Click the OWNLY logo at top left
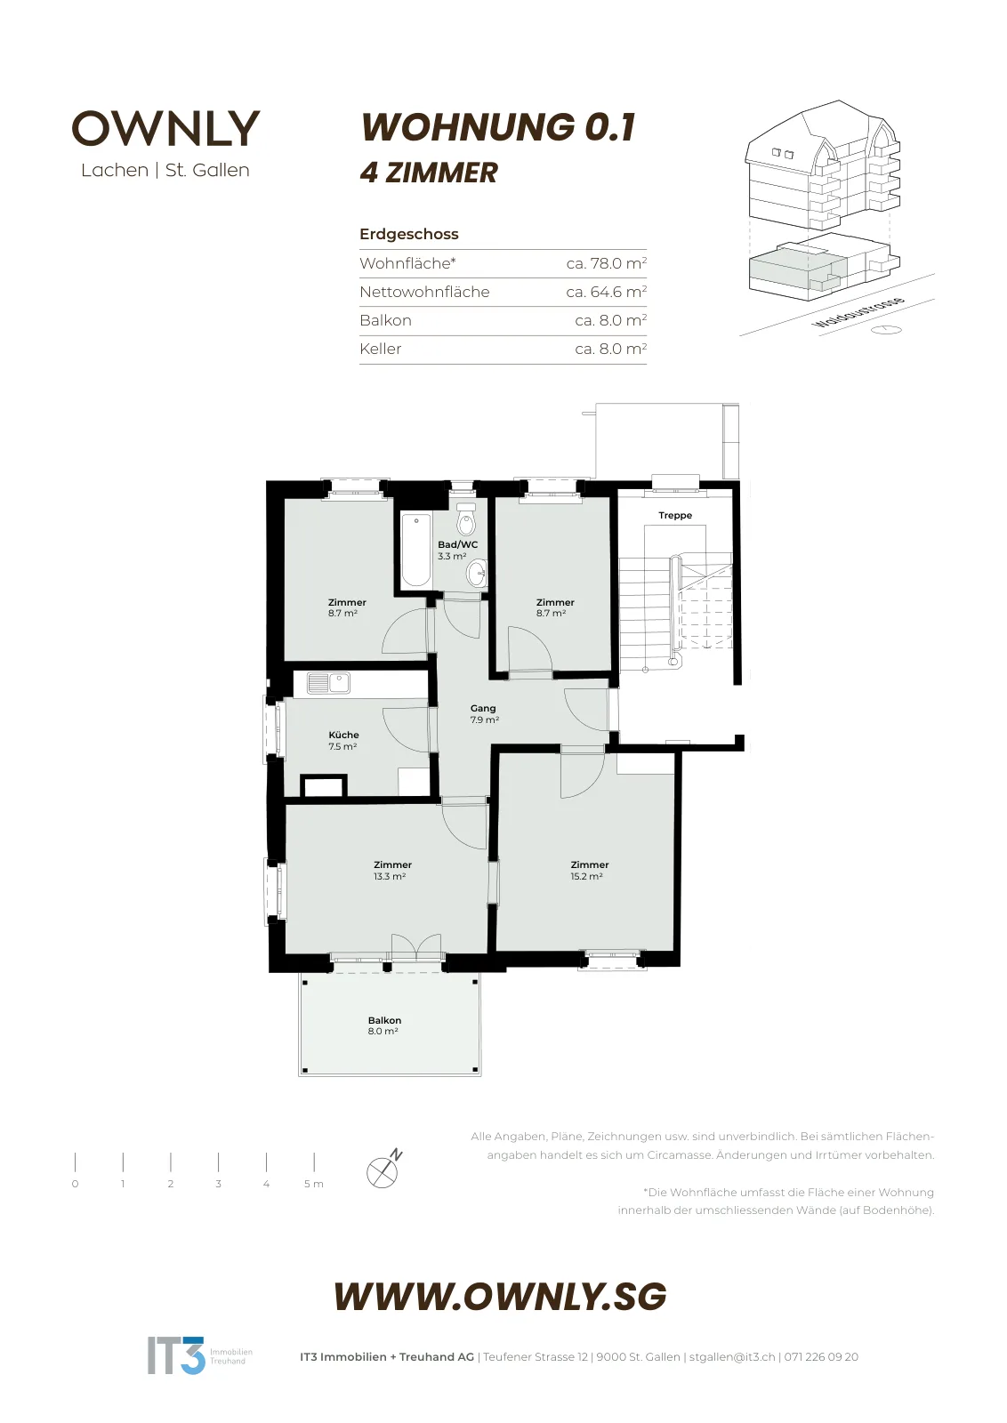pyautogui.click(x=165, y=128)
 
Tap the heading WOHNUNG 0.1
pyautogui.click(x=498, y=126)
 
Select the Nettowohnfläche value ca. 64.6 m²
pyautogui.click(x=606, y=292)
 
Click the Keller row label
pyautogui.click(x=381, y=349)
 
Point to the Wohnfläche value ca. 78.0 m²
pyautogui.click(x=606, y=263)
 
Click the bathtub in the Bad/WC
pyautogui.click(x=416, y=550)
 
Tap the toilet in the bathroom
pyautogui.click(x=466, y=520)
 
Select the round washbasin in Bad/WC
pyautogui.click(x=476, y=575)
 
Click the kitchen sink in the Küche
pyautogui.click(x=328, y=683)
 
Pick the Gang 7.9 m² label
pyautogui.click(x=484, y=713)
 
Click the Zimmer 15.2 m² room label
pyautogui.click(x=589, y=870)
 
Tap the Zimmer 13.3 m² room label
pyautogui.click(x=392, y=870)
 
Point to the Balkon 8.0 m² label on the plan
pyautogui.click(x=383, y=1025)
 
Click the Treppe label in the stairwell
pyautogui.click(x=674, y=515)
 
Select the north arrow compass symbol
pyautogui.click(x=384, y=1169)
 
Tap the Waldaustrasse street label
pyautogui.click(x=859, y=312)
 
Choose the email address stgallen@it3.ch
pyautogui.click(x=732, y=1356)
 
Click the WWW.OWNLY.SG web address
pyautogui.click(x=501, y=1296)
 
